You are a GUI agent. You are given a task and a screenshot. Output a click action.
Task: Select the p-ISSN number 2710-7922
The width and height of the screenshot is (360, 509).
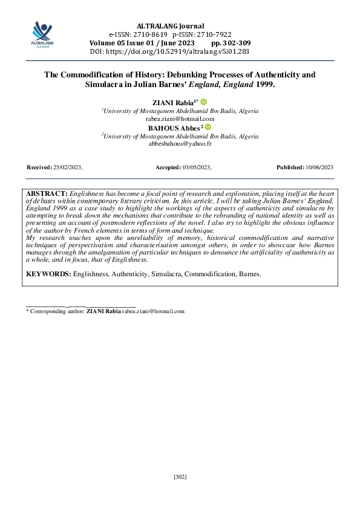(x=211, y=35)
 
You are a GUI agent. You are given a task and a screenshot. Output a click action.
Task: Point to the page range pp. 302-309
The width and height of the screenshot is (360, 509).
(x=231, y=44)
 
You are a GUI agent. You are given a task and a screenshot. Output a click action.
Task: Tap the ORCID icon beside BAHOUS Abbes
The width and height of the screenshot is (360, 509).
(x=208, y=128)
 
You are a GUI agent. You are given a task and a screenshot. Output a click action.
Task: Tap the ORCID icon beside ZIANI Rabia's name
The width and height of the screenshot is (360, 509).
(x=203, y=102)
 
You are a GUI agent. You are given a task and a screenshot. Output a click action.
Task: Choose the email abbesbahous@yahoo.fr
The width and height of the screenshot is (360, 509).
(x=180, y=144)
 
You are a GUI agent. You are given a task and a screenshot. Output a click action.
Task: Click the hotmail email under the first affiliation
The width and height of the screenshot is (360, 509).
(x=180, y=119)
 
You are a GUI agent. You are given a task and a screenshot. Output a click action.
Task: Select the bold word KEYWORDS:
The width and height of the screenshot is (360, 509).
(x=48, y=274)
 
